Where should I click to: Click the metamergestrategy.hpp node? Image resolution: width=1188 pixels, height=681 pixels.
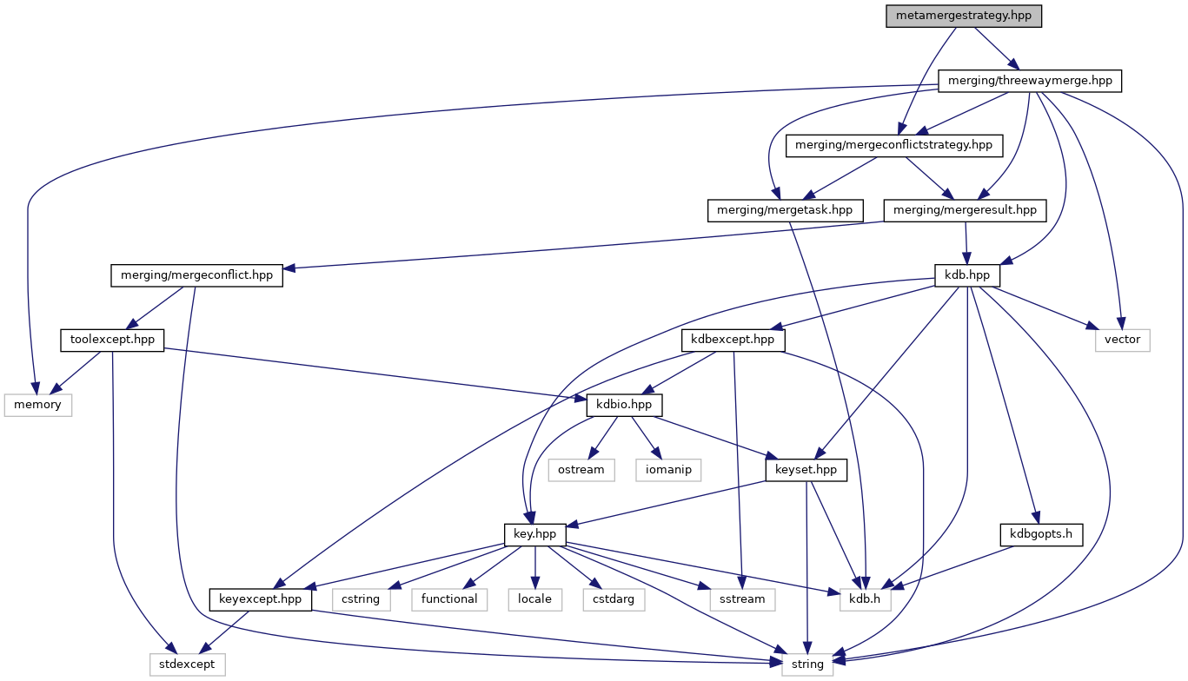pyautogui.click(x=963, y=17)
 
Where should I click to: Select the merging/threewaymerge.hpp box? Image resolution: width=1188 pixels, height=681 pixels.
pyautogui.click(x=1030, y=82)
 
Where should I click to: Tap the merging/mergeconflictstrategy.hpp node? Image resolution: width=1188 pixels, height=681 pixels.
pyautogui.click(x=895, y=145)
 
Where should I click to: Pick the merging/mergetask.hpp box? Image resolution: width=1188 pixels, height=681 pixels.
pyautogui.click(x=786, y=210)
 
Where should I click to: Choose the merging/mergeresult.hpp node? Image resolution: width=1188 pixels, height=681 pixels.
pyautogui.click(x=965, y=210)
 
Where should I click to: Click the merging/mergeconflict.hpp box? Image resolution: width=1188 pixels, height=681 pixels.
pyautogui.click(x=197, y=275)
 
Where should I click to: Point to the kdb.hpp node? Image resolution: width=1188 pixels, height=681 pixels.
pyautogui.click(x=966, y=275)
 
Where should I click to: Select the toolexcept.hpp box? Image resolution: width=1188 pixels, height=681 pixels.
pyautogui.click(x=112, y=340)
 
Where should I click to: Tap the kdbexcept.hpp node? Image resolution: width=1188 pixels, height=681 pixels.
pyautogui.click(x=733, y=340)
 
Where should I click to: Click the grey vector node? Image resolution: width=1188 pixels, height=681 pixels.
pyautogui.click(x=1122, y=340)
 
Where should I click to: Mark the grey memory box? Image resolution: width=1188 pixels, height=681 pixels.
pyautogui.click(x=38, y=405)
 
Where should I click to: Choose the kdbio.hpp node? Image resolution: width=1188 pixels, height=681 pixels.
pyautogui.click(x=625, y=405)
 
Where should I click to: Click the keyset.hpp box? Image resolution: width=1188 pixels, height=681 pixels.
pyautogui.click(x=806, y=470)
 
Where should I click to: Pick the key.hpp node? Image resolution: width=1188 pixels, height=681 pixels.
pyautogui.click(x=535, y=534)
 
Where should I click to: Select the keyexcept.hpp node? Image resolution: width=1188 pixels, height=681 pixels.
pyautogui.click(x=261, y=599)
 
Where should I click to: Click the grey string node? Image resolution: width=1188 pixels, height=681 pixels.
pyautogui.click(x=807, y=664)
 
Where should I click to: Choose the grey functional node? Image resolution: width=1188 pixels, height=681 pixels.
pyautogui.click(x=449, y=599)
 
